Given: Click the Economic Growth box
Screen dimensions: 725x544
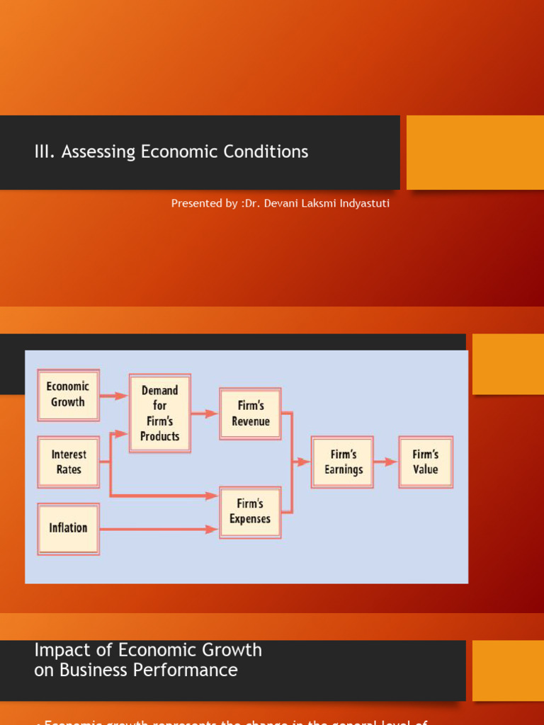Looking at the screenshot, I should coord(68,394).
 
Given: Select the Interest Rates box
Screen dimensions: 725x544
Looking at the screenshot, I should coord(68,462).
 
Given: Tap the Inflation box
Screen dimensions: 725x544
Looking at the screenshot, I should coord(68,528).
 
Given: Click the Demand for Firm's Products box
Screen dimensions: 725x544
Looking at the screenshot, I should coord(159,413).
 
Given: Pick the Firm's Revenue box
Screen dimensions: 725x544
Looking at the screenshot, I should coord(250,413).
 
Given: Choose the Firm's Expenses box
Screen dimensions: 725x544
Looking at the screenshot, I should coord(250,511).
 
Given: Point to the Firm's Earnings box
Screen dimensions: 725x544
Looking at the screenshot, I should coord(343,462).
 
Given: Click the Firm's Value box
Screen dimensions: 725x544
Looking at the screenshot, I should coord(425,462).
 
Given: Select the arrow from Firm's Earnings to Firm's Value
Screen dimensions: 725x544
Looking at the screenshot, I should coord(386,462).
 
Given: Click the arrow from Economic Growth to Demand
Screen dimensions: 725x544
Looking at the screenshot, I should coord(114,396).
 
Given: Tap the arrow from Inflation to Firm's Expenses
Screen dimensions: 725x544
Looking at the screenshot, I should coord(159,529).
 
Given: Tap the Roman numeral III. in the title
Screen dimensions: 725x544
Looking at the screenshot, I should coord(45,152).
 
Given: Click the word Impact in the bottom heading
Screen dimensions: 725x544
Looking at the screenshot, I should coord(59,650).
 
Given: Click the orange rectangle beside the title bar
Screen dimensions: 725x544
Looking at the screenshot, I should coord(475,152).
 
